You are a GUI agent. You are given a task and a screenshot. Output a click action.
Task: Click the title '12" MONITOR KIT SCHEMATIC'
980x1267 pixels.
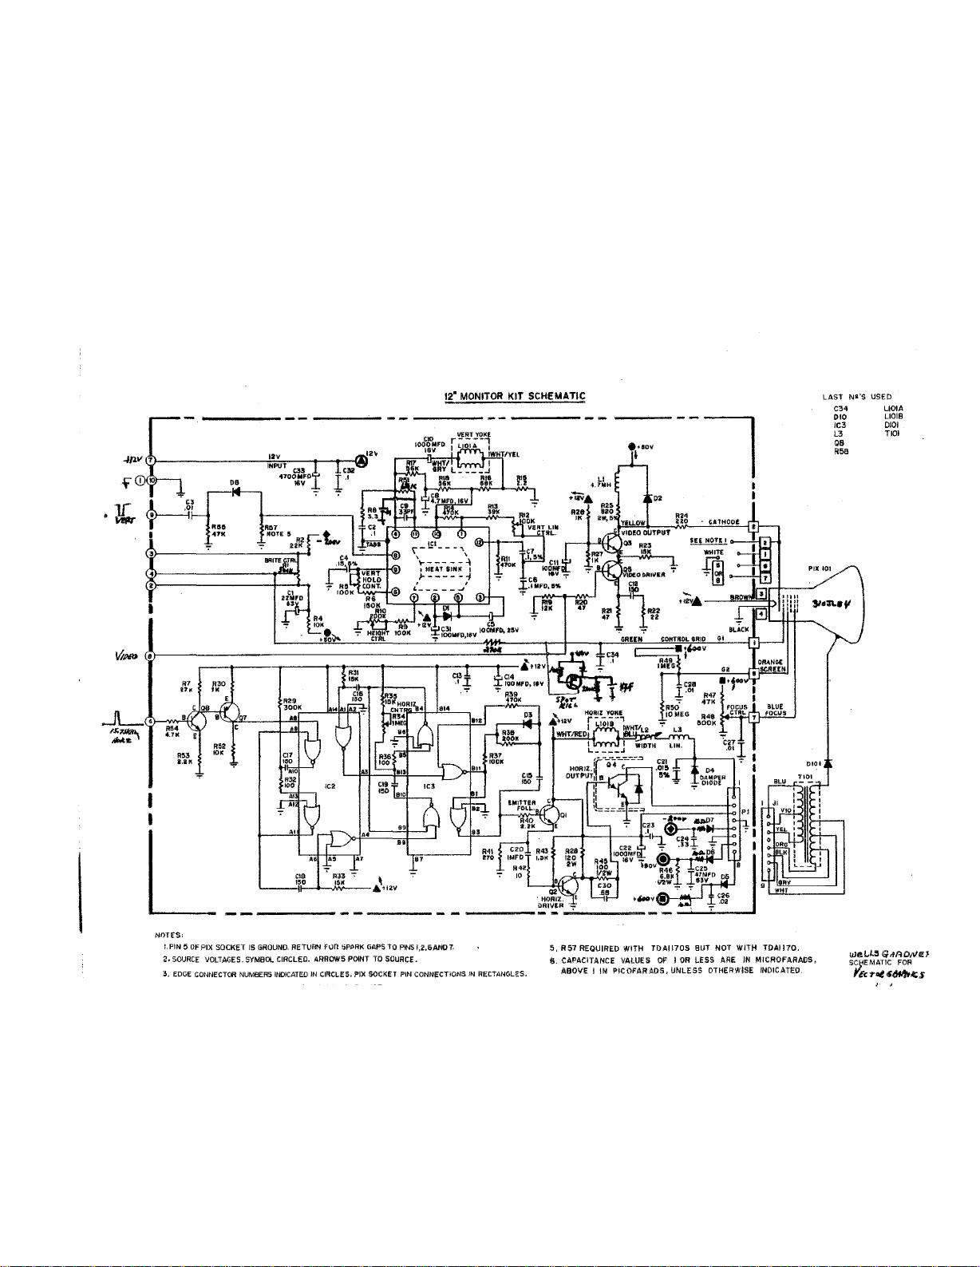(515, 396)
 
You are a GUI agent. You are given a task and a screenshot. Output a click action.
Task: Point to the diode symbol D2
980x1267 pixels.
(647, 499)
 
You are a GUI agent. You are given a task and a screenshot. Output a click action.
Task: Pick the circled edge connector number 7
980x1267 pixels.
(150, 461)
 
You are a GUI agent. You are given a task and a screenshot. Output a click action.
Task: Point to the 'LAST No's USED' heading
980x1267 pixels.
(856, 396)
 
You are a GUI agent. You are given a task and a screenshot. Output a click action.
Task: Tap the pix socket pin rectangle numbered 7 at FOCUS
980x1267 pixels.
(751, 717)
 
